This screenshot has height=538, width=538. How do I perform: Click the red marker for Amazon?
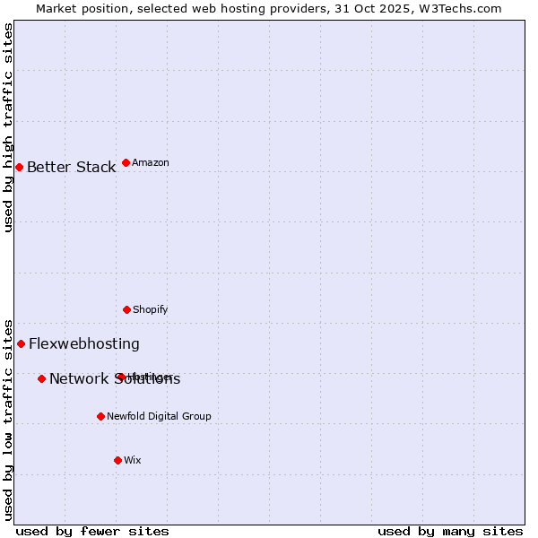pyautogui.click(x=126, y=162)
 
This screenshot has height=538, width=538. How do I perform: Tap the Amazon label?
pyautogui.click(x=151, y=163)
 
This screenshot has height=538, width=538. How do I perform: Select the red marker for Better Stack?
pyautogui.click(x=19, y=167)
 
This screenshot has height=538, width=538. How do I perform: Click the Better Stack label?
pyautogui.click(x=71, y=168)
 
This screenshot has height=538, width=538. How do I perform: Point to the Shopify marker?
pyautogui.click(x=126, y=309)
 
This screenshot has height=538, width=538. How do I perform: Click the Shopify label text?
pyautogui.click(x=150, y=310)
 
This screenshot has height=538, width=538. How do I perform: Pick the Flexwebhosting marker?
pyautogui.click(x=21, y=343)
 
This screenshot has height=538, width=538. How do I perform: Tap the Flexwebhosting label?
pyautogui.click(x=84, y=344)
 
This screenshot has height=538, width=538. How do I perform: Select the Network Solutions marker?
pyautogui.click(x=41, y=378)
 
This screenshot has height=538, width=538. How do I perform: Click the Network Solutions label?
pyautogui.click(x=115, y=379)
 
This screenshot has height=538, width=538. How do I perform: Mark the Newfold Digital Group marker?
pyautogui.click(x=100, y=416)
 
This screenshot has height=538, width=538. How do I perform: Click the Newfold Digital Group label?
pyautogui.click(x=159, y=417)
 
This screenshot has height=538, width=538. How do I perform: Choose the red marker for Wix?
pyautogui.click(x=117, y=460)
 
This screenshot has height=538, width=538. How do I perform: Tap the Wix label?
pyautogui.click(x=133, y=461)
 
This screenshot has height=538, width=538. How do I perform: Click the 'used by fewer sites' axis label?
pyautogui.click(x=92, y=532)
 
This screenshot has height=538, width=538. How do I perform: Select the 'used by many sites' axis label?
pyautogui.click(x=450, y=532)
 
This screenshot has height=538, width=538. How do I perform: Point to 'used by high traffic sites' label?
pyautogui.click(x=8, y=127)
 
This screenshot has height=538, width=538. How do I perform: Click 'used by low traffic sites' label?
pyautogui.click(x=8, y=420)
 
